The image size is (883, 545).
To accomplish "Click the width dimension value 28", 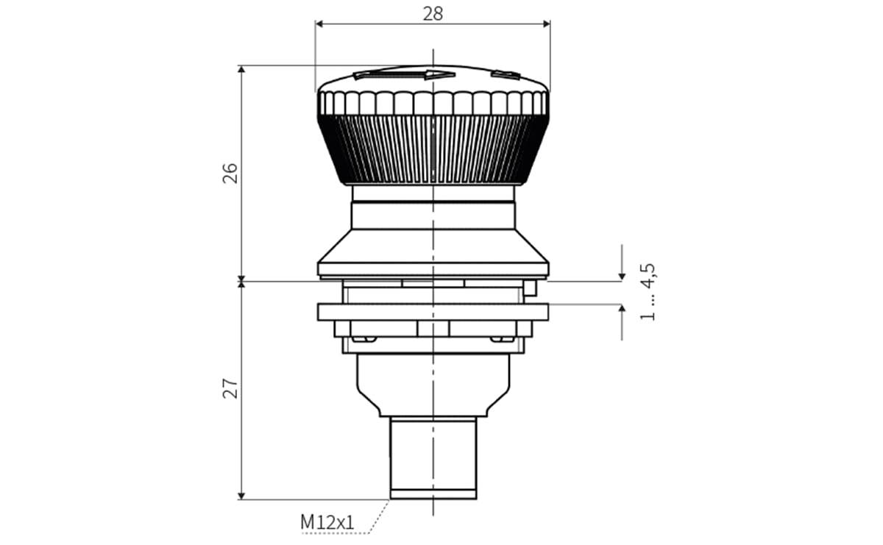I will coord(433,13).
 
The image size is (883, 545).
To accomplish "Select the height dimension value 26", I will coord(230,173).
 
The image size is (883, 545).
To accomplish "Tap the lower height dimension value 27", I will coord(230,388).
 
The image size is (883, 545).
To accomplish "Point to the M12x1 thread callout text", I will coord(327,522).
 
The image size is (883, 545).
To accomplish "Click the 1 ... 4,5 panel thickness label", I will coord(648,292).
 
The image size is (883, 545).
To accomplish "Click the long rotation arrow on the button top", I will coord(404,74).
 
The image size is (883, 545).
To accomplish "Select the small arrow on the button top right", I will coord(506,74).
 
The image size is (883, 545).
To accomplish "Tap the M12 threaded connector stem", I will coord(433,456).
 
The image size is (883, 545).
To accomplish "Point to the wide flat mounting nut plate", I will coord(433,312).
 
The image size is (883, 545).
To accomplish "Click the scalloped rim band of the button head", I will coord(433,103).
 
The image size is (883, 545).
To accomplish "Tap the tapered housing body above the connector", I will coord(433,382).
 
